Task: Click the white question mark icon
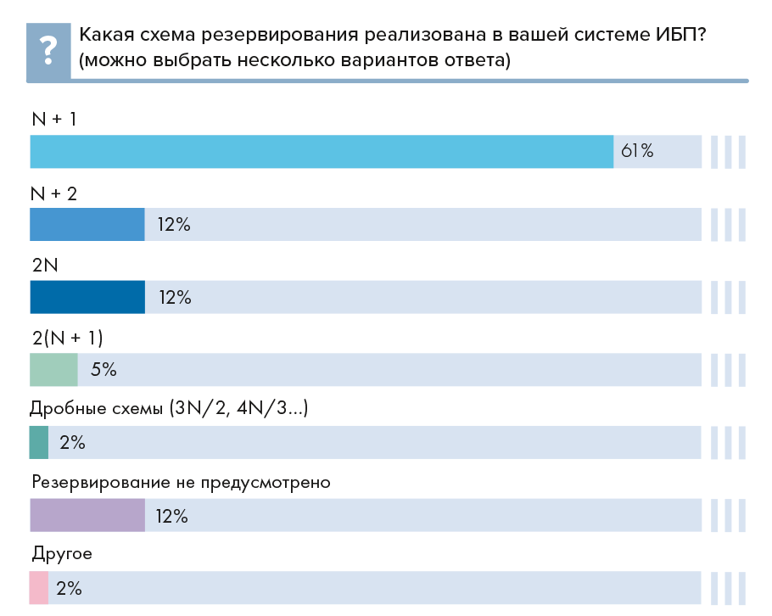[48, 50]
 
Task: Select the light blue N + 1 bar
[322, 152]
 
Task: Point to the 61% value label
[637, 152]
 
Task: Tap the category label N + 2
[53, 193]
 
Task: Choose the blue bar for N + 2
[87, 225]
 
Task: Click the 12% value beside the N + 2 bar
[174, 225]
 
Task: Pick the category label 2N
[44, 266]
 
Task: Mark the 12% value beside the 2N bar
[174, 298]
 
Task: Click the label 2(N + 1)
[67, 338]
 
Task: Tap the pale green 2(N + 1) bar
[53, 370]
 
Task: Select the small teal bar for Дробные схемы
[39, 443]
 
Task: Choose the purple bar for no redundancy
[87, 515]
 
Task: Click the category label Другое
[61, 556]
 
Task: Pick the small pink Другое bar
[39, 588]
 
